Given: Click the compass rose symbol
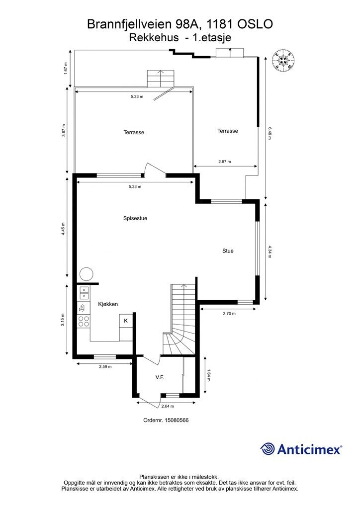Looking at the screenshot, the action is coord(284,60).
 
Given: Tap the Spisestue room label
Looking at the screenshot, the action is coord(135,218).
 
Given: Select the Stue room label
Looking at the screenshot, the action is coord(228,251).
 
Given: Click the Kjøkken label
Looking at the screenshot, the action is coord(108,304).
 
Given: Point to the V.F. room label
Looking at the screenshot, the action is coord(160,377).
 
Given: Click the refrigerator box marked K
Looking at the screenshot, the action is coord(126,321).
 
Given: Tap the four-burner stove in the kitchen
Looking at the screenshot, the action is coord(84,321).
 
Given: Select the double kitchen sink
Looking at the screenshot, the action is coord(84,293).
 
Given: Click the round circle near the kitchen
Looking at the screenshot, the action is coord(87,274).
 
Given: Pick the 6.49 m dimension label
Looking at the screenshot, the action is coord(270,133).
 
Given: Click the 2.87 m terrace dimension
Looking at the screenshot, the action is coord(224,162).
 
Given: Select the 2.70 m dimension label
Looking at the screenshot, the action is coord(229,314).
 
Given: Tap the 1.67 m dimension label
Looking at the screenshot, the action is coord(66,69).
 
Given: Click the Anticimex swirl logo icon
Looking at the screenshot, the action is coord(268,449).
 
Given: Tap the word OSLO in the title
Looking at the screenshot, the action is coord(256,24).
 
